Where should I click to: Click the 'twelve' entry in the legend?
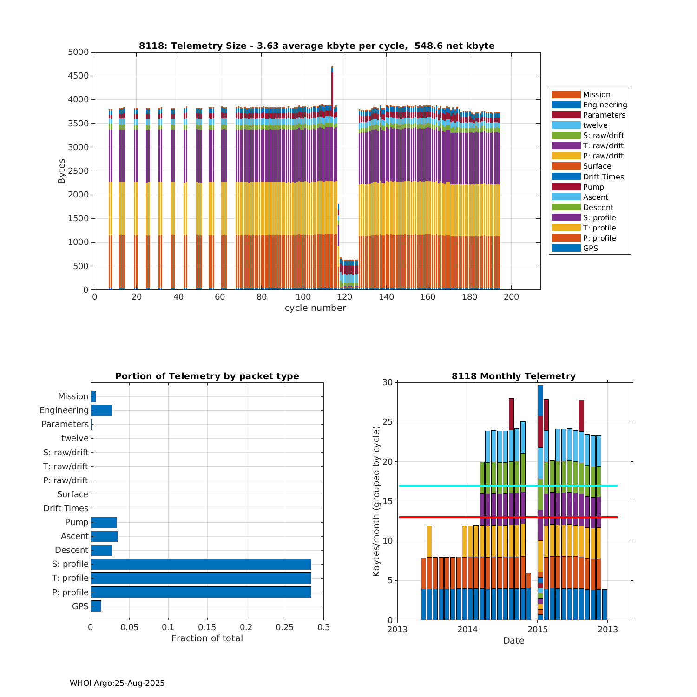click(x=595, y=125)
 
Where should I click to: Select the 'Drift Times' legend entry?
click(x=603, y=177)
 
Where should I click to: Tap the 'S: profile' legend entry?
click(x=599, y=218)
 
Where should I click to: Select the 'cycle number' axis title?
click(x=315, y=308)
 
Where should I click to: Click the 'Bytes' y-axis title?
click(x=62, y=171)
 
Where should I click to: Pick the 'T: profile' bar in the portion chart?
click(x=201, y=578)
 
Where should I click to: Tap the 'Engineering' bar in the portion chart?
click(x=101, y=410)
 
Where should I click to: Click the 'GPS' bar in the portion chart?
click(x=96, y=606)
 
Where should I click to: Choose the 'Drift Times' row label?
click(x=66, y=508)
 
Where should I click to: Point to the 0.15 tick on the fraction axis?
click(x=207, y=627)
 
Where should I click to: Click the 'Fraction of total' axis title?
click(x=207, y=638)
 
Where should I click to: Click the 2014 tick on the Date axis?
click(x=467, y=630)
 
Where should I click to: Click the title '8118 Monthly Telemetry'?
click(x=513, y=376)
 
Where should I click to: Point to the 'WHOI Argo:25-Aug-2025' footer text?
click(x=117, y=683)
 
